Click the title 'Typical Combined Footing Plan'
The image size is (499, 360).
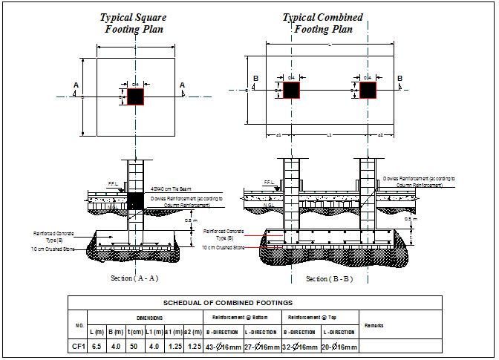[x=323, y=23]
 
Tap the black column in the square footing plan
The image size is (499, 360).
[x=135, y=96]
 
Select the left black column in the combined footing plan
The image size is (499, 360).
[x=291, y=90]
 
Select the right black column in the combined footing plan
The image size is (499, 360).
[x=368, y=90]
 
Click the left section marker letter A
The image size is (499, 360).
[x=76, y=86]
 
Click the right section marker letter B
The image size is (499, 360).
[x=399, y=78]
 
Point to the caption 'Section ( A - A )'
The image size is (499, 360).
[x=134, y=278]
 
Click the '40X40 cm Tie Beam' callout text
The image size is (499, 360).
[x=174, y=189]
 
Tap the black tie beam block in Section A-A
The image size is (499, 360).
[x=135, y=200]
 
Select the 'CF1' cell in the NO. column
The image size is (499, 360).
[x=78, y=347]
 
